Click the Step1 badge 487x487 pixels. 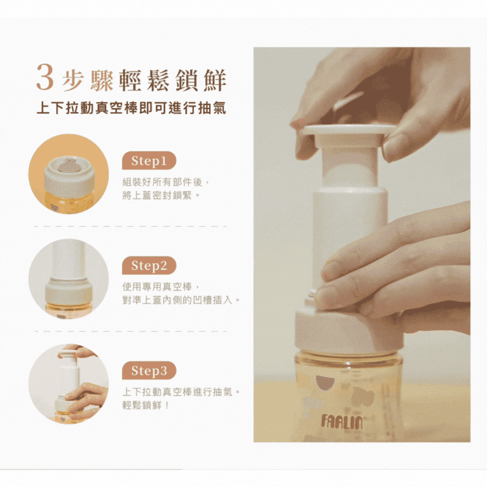tap(149, 161)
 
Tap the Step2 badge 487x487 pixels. tap(149, 265)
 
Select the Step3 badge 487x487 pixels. tap(149, 371)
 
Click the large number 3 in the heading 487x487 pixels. tap(45, 77)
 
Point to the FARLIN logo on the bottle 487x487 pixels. tap(342, 422)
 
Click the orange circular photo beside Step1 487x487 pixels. tap(69, 174)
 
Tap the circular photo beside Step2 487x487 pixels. tap(69, 279)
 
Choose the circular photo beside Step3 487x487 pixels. tap(69, 384)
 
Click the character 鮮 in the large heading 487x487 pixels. tap(215, 81)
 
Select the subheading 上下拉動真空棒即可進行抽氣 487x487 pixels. tap(131, 109)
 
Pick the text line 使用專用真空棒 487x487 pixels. tap(157, 287)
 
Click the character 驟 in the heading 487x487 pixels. tap(101, 81)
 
